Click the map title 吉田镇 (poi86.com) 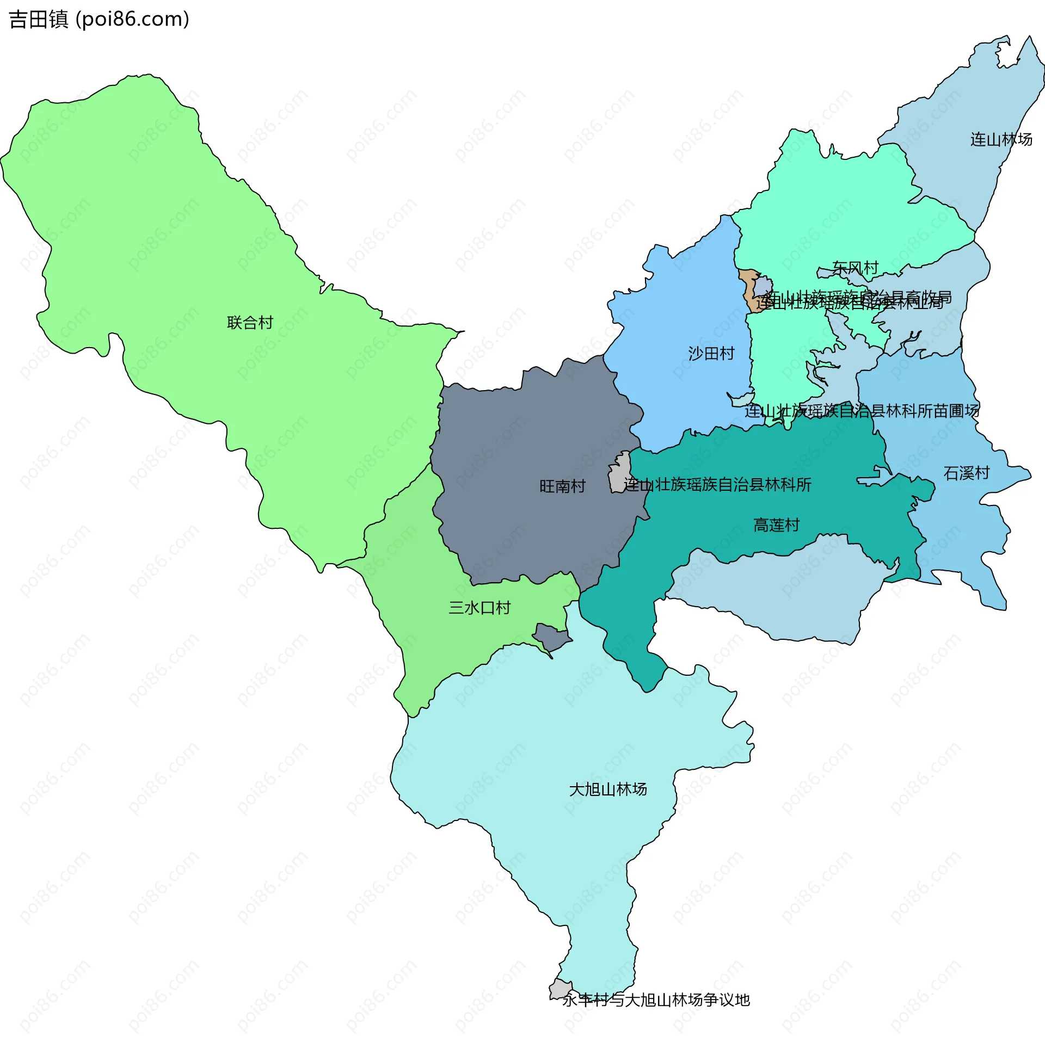(99, 19)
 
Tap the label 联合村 (250, 323)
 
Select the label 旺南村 (562, 486)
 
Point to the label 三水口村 (480, 608)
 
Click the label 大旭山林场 (608, 789)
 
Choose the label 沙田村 (711, 354)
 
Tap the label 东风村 (855, 268)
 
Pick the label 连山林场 (1001, 139)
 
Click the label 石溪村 (967, 473)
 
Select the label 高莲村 (777, 525)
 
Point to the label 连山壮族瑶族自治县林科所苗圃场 (862, 411)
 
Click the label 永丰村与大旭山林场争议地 (656, 1000)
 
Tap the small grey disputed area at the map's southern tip (560, 989)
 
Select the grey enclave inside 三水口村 (551, 637)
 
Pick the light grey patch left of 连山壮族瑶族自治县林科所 (618, 473)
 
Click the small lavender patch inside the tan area (763, 286)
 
